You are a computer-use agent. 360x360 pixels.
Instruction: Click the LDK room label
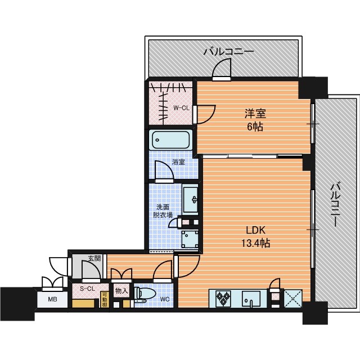[255, 230]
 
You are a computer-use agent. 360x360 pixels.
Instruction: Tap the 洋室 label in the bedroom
[255, 114]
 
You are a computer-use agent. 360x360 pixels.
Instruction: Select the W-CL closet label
[181, 108]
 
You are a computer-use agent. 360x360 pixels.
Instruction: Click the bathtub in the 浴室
[170, 140]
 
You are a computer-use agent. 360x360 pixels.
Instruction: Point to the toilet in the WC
[144, 294]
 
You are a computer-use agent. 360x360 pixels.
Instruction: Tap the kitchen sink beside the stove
[251, 299]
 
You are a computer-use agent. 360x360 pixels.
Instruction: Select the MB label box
[52, 299]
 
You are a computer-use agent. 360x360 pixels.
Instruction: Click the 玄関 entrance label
[94, 258]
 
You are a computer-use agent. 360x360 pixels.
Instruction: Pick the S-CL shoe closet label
[88, 289]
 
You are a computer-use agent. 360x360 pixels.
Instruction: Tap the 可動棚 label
[104, 299]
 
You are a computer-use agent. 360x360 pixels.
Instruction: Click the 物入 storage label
[121, 291]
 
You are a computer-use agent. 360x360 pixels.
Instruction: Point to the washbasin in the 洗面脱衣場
[190, 200]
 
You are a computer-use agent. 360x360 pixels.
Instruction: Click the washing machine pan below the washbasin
[190, 239]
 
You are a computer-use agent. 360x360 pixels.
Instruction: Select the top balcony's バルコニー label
[229, 51]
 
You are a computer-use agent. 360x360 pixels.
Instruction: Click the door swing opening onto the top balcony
[222, 69]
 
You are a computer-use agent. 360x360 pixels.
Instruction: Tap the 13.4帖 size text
[255, 243]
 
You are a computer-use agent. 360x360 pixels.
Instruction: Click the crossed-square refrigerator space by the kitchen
[293, 299]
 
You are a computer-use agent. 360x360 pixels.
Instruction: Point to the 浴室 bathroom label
[179, 162]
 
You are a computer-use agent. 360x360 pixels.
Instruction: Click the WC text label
[165, 299]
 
